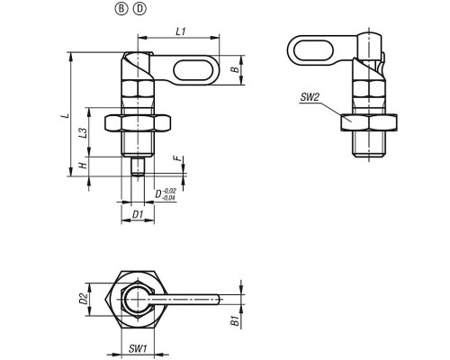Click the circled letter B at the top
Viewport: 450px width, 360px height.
point(121,9)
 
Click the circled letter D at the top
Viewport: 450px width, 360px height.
point(140,9)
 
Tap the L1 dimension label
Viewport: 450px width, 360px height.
point(181,31)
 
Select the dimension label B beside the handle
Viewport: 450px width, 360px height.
point(236,69)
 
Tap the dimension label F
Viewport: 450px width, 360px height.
point(179,158)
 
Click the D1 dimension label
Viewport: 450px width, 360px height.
point(138,214)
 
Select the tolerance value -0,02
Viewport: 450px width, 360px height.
point(169,191)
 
